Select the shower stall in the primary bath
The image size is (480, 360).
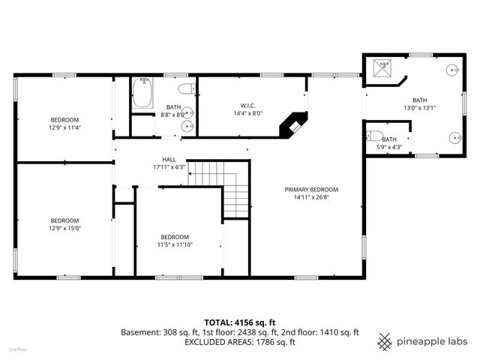click(x=382, y=68)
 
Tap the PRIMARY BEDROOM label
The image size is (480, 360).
click(x=311, y=189)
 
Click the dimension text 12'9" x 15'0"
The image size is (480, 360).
click(x=64, y=228)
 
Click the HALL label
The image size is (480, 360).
click(x=169, y=159)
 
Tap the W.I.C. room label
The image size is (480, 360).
click(x=250, y=106)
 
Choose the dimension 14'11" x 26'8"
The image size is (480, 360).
click(x=311, y=197)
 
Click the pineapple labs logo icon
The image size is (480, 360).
click(x=384, y=341)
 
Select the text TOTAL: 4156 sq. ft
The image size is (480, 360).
click(x=239, y=321)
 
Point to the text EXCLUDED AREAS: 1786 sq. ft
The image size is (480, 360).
click(x=240, y=342)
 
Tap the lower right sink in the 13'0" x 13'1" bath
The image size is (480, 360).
click(x=454, y=137)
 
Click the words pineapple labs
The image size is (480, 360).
click(x=431, y=341)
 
